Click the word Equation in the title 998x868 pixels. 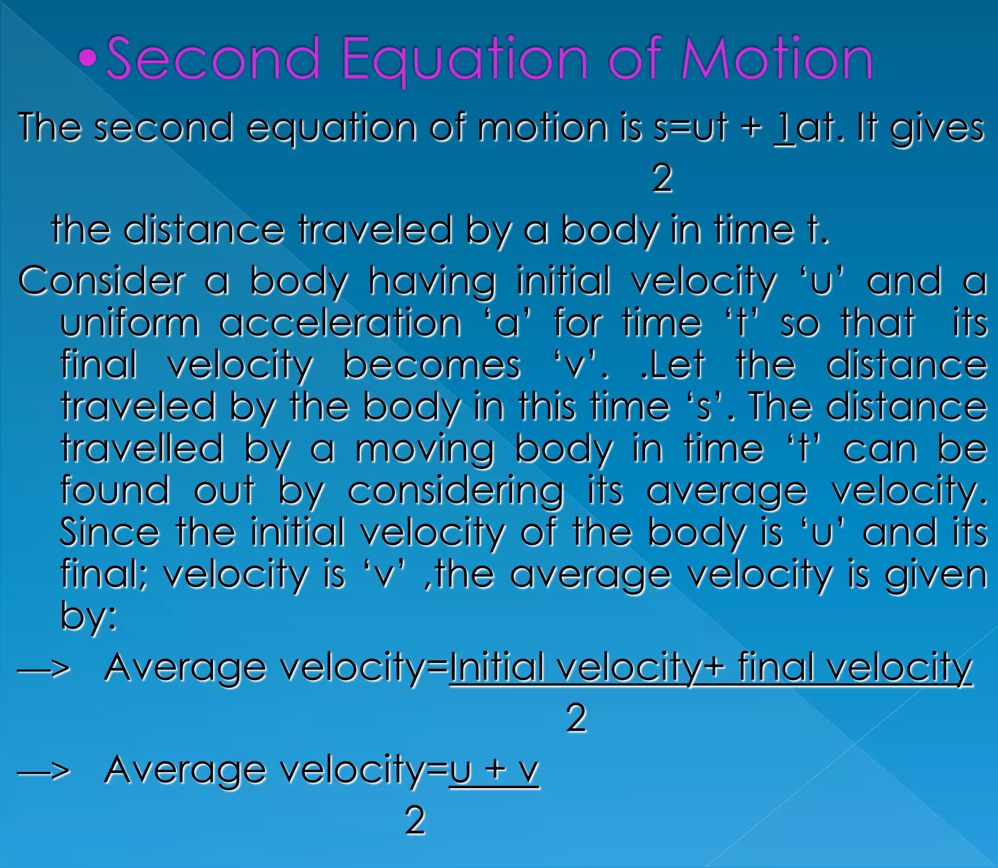tap(465, 59)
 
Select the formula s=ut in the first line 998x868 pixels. tap(691, 128)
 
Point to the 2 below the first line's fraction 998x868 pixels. tap(662, 178)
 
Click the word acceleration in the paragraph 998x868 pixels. tap(340, 323)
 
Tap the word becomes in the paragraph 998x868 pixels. tap(432, 365)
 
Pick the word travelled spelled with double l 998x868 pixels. tap(142, 448)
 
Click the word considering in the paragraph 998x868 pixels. tap(456, 491)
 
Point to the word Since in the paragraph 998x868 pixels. tap(109, 532)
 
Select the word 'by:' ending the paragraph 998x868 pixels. tap(88, 616)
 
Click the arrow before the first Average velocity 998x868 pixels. tap(44, 669)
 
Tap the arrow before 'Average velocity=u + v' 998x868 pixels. tap(44, 771)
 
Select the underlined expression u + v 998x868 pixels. tap(494, 771)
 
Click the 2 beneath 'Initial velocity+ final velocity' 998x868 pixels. tap(576, 717)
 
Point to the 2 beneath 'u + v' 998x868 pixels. tap(415, 820)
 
